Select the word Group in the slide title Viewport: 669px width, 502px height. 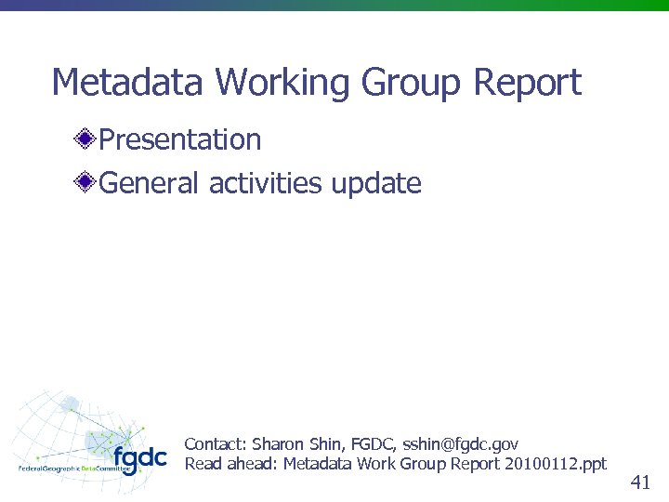coord(411,83)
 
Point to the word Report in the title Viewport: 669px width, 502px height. coord(527,83)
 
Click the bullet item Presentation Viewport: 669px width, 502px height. coord(179,139)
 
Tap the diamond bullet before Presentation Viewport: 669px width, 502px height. coord(85,140)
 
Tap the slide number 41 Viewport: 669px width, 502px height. coord(639,482)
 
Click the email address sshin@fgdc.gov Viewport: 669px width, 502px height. coord(460,444)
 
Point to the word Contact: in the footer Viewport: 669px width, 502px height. coord(216,444)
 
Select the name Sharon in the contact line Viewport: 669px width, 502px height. coord(278,444)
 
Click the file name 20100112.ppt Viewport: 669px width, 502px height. coord(555,463)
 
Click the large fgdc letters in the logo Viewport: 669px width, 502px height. coord(139,458)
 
